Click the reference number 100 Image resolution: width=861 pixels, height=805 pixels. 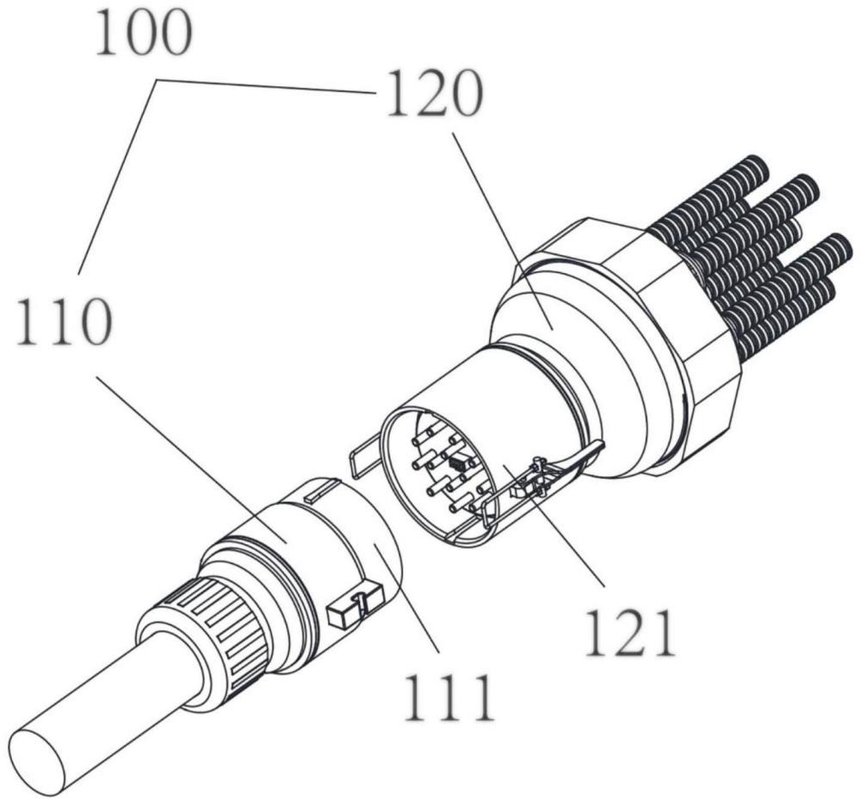coord(142,35)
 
